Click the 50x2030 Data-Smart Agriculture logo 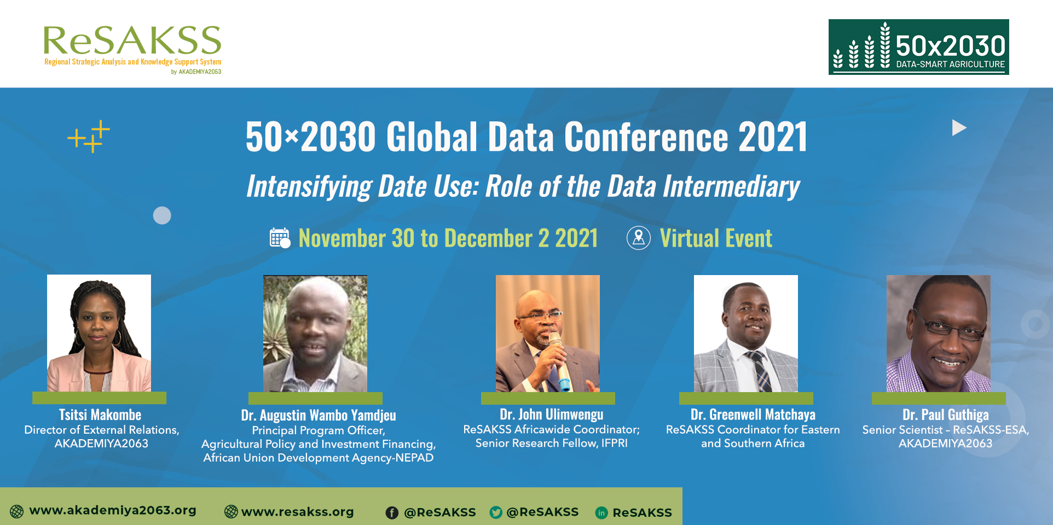point(918,47)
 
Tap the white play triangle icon point(959,128)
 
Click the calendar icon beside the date point(280,238)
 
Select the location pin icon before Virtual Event point(639,238)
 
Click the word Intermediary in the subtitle point(731,186)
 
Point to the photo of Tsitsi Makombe point(99,333)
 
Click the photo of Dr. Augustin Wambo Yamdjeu point(315,334)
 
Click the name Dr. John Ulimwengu point(551,415)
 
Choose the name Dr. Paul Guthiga point(945,415)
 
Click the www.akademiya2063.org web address point(113,510)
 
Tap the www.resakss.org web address point(297,512)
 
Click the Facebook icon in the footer point(392,512)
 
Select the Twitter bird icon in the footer point(496,512)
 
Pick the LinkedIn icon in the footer point(601,512)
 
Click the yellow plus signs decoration point(89,136)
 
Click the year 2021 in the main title point(773,137)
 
